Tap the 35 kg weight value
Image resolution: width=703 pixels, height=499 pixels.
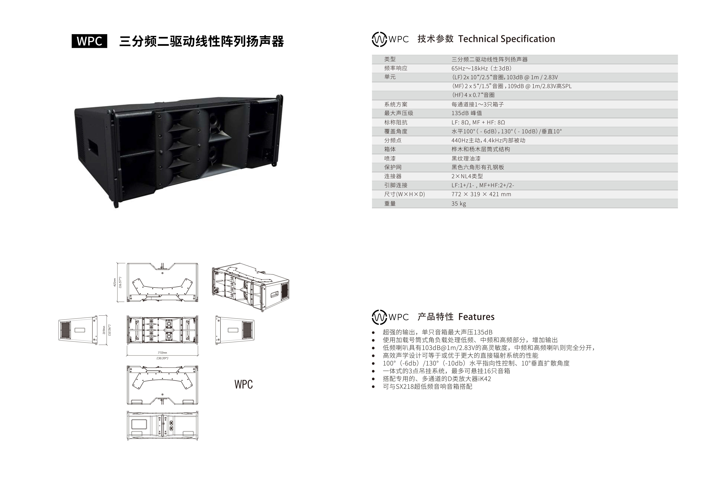point(458,203)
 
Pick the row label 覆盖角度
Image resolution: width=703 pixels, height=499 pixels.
point(396,131)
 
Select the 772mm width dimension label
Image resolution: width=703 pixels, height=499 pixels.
point(162,353)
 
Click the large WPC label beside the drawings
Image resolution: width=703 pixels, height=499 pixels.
point(243,384)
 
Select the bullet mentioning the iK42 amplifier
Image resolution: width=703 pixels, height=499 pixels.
point(437,379)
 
